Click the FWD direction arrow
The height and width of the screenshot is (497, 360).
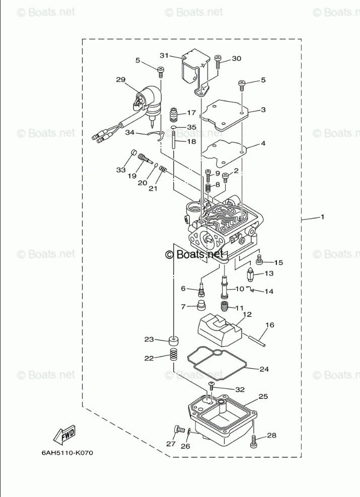(65, 435)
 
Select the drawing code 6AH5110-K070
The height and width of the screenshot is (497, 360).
(67, 452)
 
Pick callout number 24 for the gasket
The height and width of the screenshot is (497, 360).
(264, 369)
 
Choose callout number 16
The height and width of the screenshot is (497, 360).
(269, 325)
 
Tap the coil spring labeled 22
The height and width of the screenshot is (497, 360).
(173, 356)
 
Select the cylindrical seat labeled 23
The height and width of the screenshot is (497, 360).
(173, 341)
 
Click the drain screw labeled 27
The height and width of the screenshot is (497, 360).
(177, 429)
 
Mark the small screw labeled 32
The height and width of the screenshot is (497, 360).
(211, 386)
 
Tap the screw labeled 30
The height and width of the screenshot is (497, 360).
(218, 63)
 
